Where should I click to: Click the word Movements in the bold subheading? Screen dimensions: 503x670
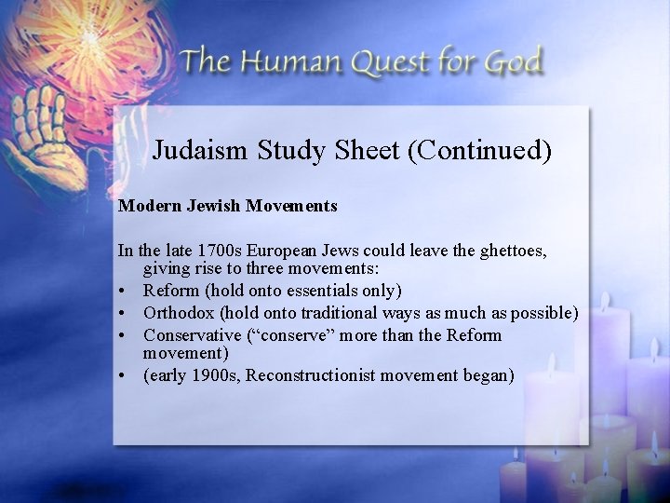coord(292,205)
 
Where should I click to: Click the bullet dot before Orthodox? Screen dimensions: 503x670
coord(123,312)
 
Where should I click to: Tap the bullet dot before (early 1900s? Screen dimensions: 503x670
coord(123,376)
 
